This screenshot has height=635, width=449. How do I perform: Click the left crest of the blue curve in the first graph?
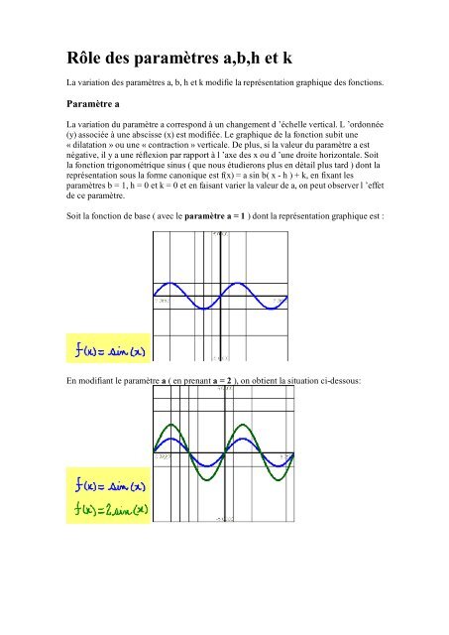188,281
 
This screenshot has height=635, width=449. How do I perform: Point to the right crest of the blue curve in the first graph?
254,281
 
